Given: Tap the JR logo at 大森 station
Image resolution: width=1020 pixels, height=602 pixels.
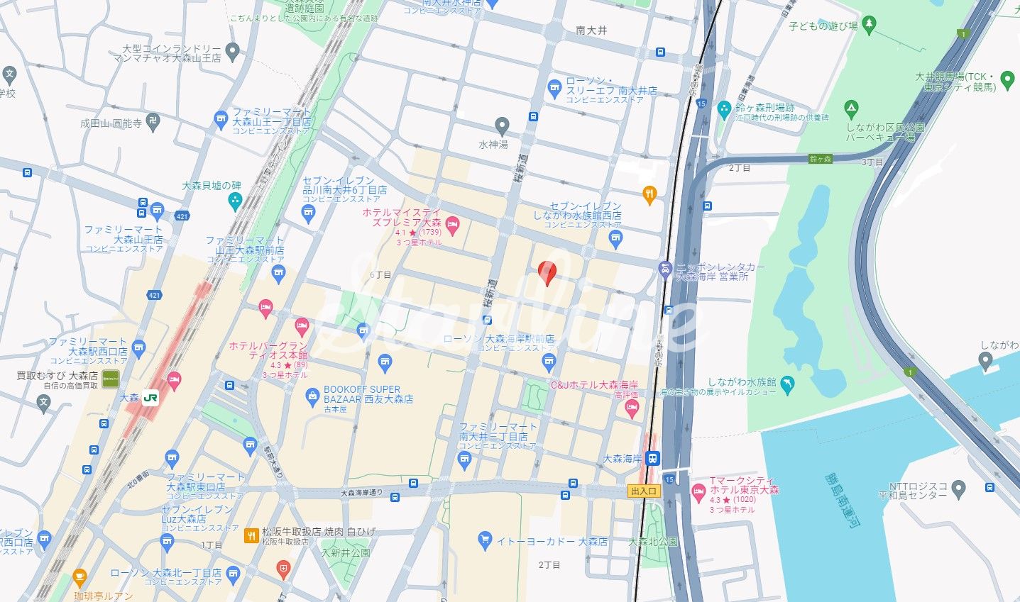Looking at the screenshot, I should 150,398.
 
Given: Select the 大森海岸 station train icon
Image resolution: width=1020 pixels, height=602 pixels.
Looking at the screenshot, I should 652,459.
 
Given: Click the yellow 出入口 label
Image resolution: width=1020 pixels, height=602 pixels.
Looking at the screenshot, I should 645,491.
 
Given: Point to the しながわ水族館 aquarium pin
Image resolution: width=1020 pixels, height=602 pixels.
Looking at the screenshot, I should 787,385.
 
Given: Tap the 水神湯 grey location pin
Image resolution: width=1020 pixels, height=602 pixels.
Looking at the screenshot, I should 502,126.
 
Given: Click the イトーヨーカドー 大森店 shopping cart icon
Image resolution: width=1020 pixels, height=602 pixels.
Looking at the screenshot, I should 485,540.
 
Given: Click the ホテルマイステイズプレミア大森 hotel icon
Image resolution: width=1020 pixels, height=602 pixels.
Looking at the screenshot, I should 453,226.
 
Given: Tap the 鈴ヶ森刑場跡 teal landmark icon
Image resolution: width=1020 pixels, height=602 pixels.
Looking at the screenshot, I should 724,109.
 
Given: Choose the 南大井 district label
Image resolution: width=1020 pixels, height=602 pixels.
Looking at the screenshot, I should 591,30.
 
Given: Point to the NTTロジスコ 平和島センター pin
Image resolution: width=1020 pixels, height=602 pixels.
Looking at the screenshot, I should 958,488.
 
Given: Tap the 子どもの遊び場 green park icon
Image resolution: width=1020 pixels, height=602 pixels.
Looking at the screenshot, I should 870,26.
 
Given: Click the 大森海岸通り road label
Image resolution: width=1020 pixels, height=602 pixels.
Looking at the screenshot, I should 361,492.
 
